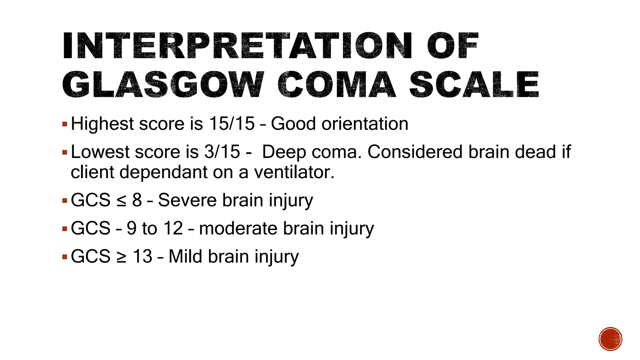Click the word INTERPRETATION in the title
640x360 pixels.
(x=237, y=46)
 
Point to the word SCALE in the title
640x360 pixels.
(x=474, y=84)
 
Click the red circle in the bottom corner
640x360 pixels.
(x=610, y=339)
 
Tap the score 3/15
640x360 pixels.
(x=222, y=152)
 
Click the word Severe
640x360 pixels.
(x=187, y=200)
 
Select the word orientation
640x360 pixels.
(x=365, y=124)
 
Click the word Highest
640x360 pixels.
(x=102, y=124)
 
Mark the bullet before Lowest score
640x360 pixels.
(x=65, y=153)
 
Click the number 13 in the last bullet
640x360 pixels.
(x=142, y=257)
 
